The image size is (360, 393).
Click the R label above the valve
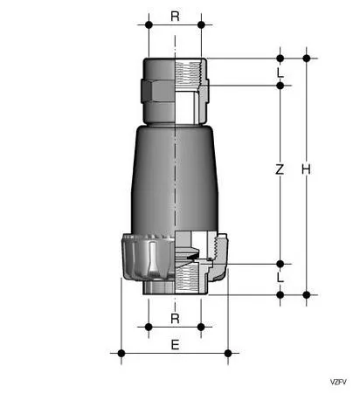175,15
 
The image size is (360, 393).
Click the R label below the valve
175,318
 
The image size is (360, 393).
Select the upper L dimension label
280,72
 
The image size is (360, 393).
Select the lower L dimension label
280,277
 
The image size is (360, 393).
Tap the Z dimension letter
280,171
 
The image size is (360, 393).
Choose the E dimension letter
175,345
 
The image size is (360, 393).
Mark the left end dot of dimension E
121,353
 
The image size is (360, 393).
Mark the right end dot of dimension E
227,353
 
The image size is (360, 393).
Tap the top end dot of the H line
307,59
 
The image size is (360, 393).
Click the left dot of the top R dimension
149,25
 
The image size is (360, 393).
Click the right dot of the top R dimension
201,25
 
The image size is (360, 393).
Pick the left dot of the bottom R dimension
149,327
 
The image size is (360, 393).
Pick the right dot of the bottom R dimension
201,327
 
